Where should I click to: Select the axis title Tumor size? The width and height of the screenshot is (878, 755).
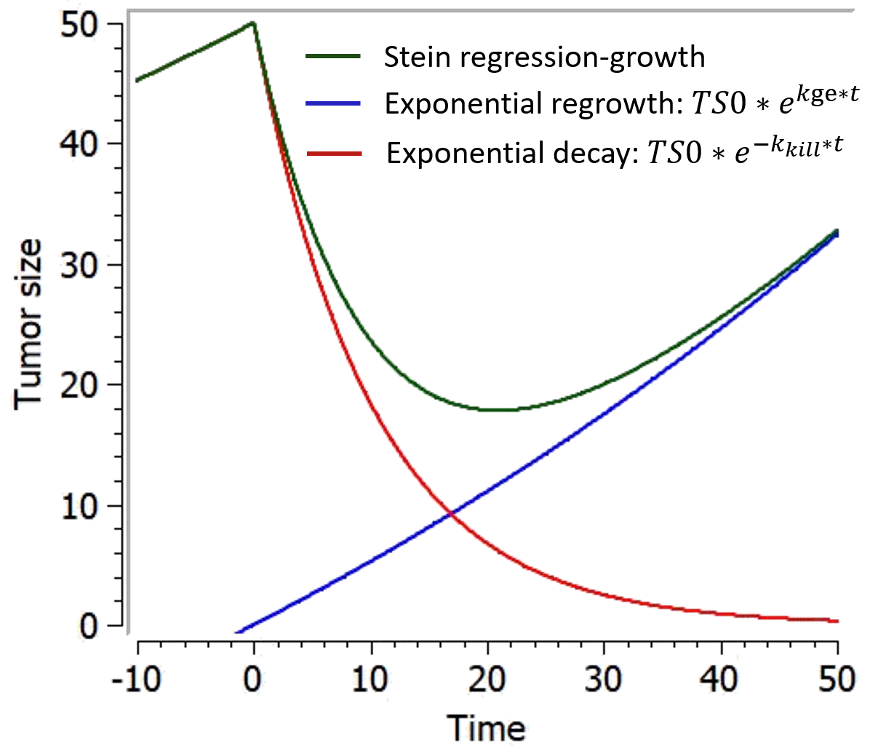coord(29,324)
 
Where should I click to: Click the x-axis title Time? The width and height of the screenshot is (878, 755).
coord(489,729)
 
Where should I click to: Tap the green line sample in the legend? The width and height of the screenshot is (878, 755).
coord(333,55)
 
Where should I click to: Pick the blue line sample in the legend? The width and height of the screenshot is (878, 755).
coord(333,104)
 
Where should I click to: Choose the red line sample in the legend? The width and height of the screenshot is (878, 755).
coord(334,154)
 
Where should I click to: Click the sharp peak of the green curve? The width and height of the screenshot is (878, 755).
coord(252,23)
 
